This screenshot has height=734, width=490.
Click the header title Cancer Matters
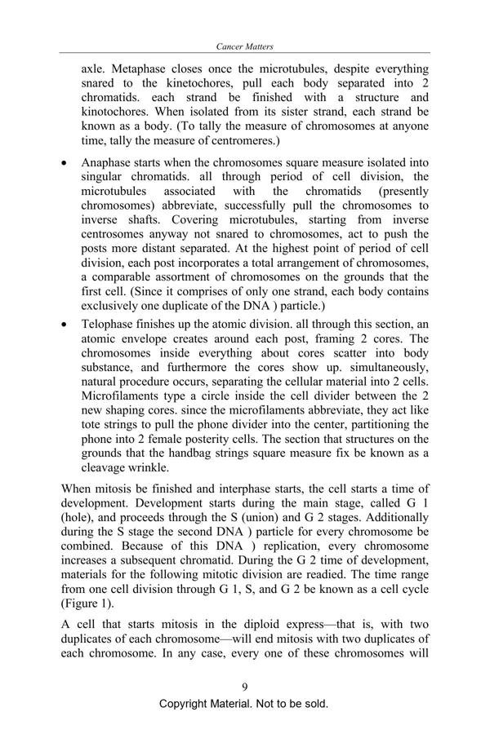[245, 47]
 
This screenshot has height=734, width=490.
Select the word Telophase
[109, 324]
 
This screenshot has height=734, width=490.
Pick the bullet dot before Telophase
[66, 325]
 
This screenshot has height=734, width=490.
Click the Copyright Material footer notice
[245, 704]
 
